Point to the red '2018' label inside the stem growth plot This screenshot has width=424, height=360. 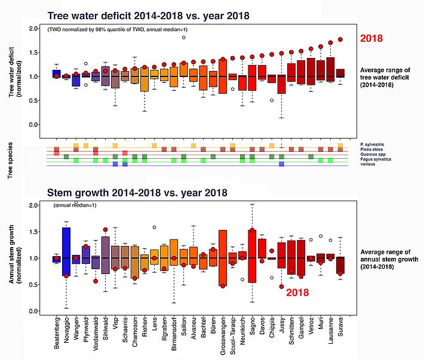(x=300, y=293)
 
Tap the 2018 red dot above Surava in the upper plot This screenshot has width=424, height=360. (x=340, y=39)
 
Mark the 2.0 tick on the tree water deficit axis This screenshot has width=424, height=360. (x=35, y=29)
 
